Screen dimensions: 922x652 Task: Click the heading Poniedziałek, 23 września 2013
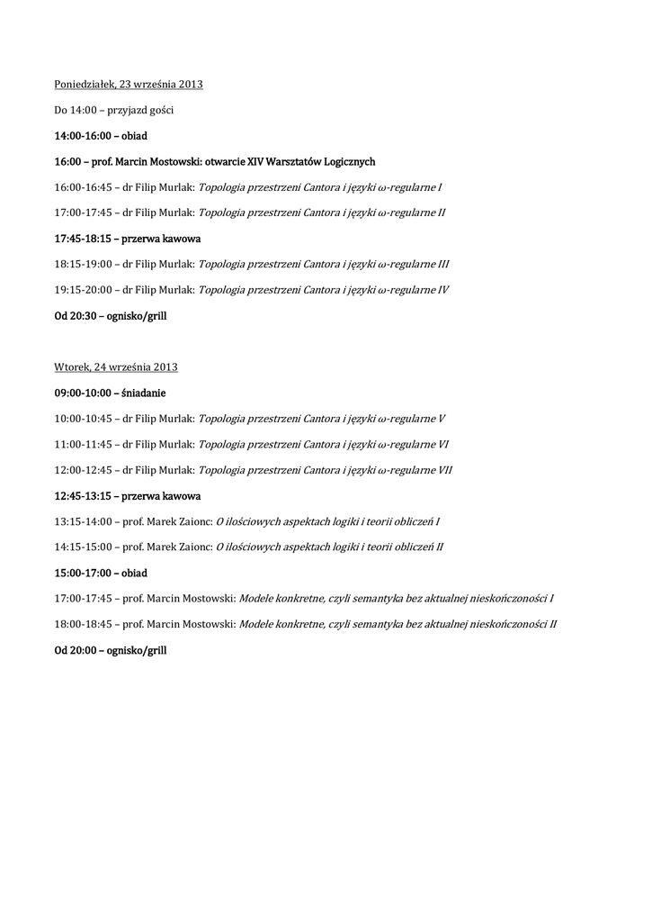point(129,85)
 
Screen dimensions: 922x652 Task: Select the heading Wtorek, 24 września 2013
point(116,367)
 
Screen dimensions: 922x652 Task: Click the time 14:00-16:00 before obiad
point(82,136)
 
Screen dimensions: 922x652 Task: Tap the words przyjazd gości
point(140,110)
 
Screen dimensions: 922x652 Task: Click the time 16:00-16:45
point(82,188)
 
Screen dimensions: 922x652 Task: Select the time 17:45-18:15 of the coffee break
point(82,240)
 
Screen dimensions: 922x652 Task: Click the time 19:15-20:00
point(82,291)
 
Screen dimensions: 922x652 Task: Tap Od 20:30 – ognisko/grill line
point(111,317)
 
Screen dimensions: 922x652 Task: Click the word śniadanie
point(143,393)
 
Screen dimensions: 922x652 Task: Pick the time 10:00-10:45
point(82,419)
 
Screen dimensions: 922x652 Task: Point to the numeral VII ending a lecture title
point(445,471)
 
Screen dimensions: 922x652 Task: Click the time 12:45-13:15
point(82,496)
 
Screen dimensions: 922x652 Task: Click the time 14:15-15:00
point(82,547)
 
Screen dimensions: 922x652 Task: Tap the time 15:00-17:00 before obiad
point(82,574)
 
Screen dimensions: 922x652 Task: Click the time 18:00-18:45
point(82,624)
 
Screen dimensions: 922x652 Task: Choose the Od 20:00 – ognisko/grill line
point(111,650)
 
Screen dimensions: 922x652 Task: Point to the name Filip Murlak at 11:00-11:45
point(165,445)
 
